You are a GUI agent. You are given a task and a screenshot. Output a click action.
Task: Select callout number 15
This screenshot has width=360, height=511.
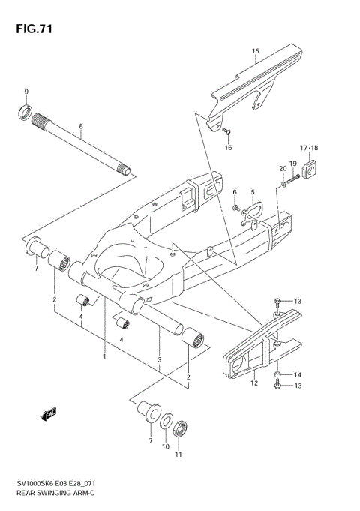pyautogui.click(x=255, y=52)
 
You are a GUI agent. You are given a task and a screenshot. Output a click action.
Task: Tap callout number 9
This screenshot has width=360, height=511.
pyautogui.click(x=26, y=92)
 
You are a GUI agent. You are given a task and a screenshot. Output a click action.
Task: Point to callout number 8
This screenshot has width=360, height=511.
pyautogui.click(x=80, y=128)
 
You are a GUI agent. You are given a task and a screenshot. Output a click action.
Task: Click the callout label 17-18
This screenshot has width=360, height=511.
pyautogui.click(x=310, y=147)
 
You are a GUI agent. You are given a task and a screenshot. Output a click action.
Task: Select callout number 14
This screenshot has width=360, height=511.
pyautogui.click(x=297, y=374)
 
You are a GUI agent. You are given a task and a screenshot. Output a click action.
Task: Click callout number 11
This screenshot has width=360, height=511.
pyautogui.click(x=178, y=455)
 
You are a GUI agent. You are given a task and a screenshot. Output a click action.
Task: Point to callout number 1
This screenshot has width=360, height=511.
pyautogui.click(x=104, y=356)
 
